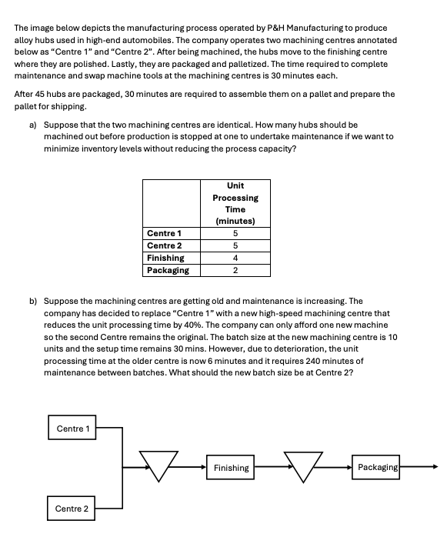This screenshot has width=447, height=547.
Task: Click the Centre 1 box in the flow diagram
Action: point(73,428)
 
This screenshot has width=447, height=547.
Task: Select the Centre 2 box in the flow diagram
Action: point(72,509)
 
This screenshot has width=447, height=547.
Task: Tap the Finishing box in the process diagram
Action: point(231,467)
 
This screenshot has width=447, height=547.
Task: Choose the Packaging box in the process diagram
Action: point(377,467)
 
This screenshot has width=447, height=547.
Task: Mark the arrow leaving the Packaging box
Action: point(419,466)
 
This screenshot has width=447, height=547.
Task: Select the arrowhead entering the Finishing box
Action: point(203,467)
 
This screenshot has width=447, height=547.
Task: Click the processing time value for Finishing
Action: point(235,258)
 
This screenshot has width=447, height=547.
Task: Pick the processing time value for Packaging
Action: point(235,270)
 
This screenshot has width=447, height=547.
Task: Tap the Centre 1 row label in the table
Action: point(163,233)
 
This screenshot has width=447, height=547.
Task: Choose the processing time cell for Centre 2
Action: point(235,245)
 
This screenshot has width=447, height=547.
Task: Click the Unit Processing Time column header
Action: point(235,203)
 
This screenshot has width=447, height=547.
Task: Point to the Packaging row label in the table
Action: point(168,270)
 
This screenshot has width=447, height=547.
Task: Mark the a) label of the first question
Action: point(34,125)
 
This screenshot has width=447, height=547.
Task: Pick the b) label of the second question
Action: point(34,302)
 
